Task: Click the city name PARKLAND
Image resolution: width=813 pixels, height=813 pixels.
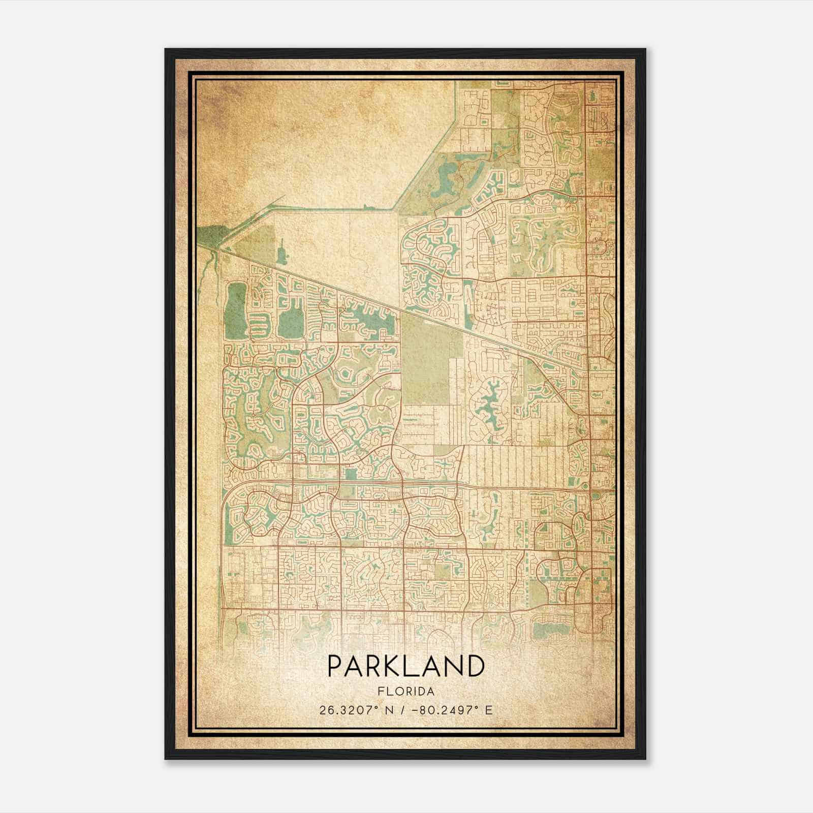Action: pos(405,666)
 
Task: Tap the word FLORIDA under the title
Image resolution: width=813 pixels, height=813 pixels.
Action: pos(405,692)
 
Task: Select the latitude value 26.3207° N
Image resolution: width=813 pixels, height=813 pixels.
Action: pos(355,710)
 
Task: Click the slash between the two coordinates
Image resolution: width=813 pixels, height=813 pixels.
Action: pos(403,710)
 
